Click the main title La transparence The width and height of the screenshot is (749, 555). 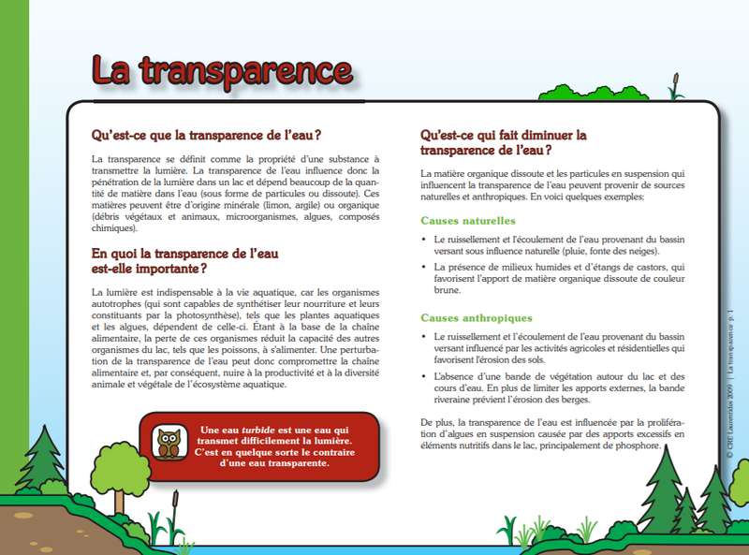[221, 71]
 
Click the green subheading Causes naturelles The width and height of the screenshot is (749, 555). [467, 221]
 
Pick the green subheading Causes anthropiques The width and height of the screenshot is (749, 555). [476, 318]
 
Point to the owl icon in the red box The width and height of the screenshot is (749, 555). [169, 443]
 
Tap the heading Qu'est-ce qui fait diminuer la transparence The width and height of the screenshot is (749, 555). [503, 141]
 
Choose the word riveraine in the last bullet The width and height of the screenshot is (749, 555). [456, 400]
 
